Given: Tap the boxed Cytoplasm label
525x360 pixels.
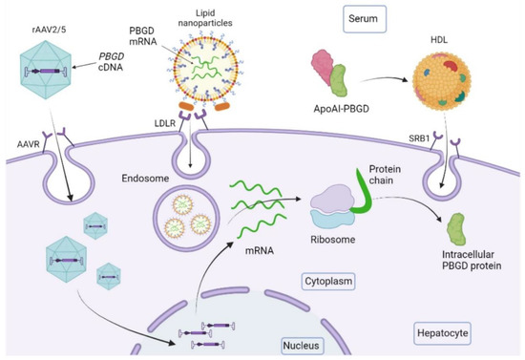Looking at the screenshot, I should tap(316, 283).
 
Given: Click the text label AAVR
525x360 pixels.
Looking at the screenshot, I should tap(17, 140).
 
